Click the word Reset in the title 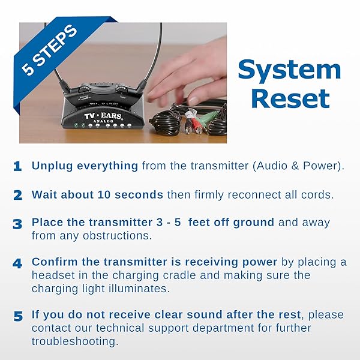point(290,99)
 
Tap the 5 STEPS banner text point(49,50)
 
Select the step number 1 point(17,166)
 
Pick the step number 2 point(17,196)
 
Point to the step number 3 point(17,224)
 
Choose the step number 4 point(17,263)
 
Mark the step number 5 point(18,316)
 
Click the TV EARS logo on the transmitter point(103,115)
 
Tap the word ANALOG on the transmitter point(103,121)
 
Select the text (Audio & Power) point(298,166)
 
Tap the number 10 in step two point(104,194)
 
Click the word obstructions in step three point(118,236)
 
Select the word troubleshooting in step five point(75,341)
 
